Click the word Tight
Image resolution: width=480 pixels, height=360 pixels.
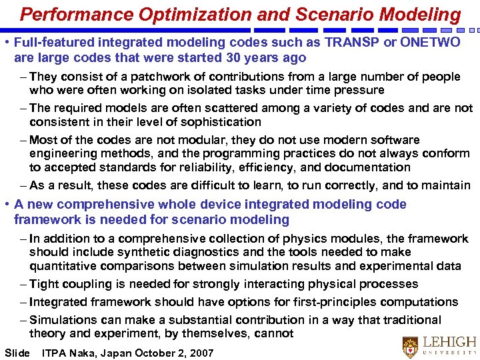tap(44, 284)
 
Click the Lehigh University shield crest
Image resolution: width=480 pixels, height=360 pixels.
tap(411, 347)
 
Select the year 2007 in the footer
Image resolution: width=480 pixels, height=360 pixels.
tap(199, 353)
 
